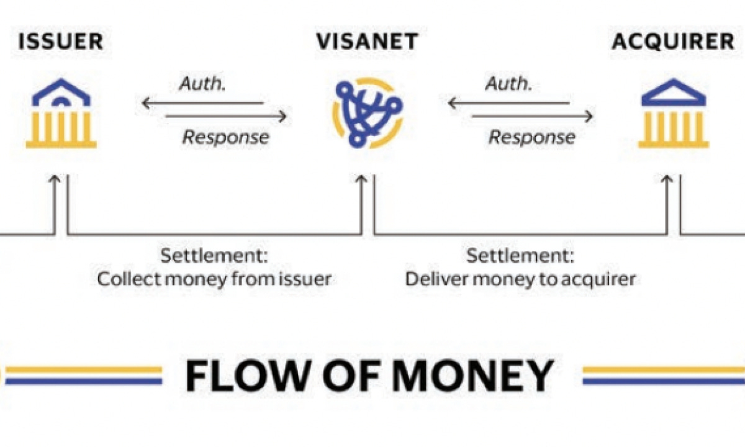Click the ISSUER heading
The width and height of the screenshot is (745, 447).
pyautogui.click(x=60, y=42)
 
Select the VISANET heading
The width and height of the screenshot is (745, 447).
pyautogui.click(x=367, y=42)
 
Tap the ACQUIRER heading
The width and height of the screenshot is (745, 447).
pyautogui.click(x=672, y=42)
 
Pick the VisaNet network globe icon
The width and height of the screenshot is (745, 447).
pyautogui.click(x=368, y=112)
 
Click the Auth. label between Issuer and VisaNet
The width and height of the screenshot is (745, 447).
pyautogui.click(x=202, y=84)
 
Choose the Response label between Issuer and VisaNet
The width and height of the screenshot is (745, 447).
pyautogui.click(x=225, y=137)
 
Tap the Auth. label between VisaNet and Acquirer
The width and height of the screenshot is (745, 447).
pyautogui.click(x=508, y=84)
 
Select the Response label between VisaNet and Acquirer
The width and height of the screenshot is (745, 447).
pyautogui.click(x=531, y=137)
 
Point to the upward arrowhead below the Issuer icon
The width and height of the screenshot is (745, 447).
pyautogui.click(x=55, y=180)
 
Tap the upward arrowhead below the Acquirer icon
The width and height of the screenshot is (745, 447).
pyautogui.click(x=667, y=180)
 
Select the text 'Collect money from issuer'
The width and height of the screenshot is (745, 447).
pyautogui.click(x=214, y=279)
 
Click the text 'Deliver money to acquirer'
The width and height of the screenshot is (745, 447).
pyautogui.click(x=520, y=279)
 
